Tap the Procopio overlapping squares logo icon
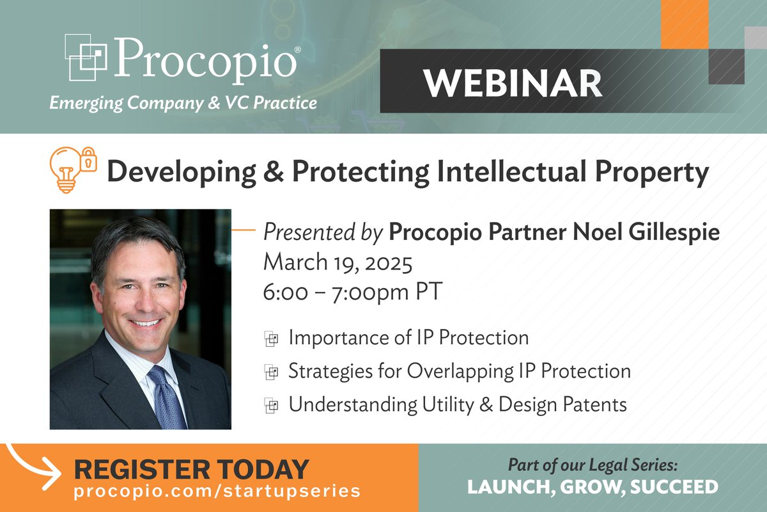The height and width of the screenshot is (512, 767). pos(86,57)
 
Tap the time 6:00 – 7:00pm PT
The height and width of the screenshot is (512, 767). pos(352,292)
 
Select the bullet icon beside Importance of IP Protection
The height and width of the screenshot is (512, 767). pos(272,339)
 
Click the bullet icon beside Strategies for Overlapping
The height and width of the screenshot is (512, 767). pos(272,372)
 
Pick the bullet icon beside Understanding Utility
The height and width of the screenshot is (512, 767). pos(272,405)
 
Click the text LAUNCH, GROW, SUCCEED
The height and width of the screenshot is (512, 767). pos(593,486)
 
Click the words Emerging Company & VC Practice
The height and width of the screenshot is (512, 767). pos(183,102)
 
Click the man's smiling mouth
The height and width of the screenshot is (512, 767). pos(146,323)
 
